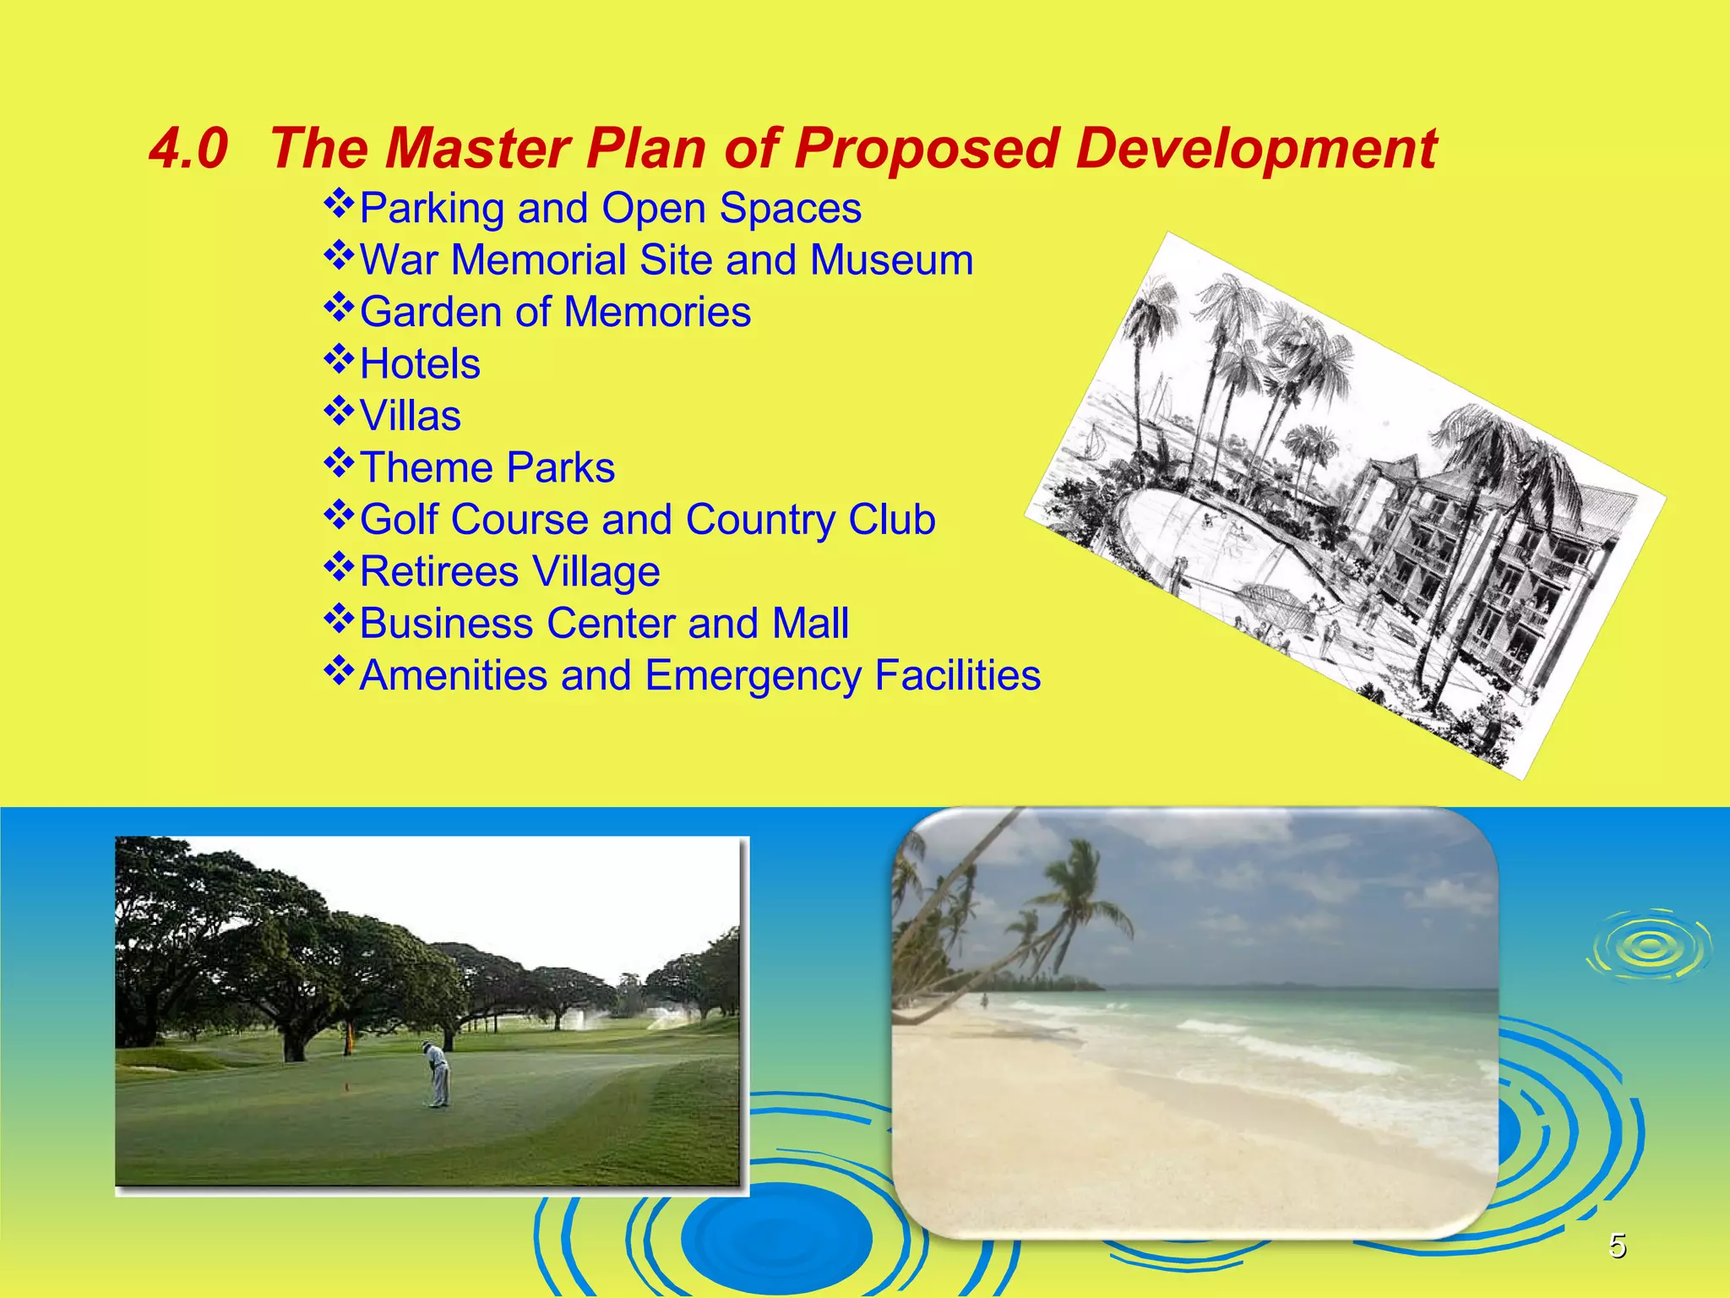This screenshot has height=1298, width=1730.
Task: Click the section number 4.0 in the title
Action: (188, 149)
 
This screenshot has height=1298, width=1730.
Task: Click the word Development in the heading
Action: (1256, 149)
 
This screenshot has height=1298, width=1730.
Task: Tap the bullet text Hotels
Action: (420, 364)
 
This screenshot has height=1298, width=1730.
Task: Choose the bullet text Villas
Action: (411, 416)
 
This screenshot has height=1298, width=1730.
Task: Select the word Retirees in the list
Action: (439, 572)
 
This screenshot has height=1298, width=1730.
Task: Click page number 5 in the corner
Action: (1617, 1246)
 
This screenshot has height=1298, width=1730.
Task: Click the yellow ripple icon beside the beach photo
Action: (1647, 946)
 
